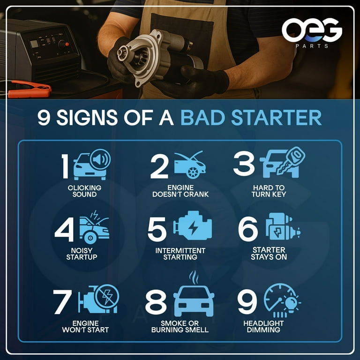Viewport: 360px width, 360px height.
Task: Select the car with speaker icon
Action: point(91,165)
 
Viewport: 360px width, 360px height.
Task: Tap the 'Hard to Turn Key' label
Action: point(269,191)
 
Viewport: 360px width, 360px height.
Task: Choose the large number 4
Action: point(65,229)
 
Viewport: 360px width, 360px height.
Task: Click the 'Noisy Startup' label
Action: point(82,254)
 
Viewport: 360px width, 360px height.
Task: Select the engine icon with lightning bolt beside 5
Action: point(193,228)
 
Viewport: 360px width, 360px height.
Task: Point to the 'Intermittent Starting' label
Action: point(180,254)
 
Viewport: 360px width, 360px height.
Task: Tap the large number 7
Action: point(63,302)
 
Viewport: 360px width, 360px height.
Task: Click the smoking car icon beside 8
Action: point(193,296)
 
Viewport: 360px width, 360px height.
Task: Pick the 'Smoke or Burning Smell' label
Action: point(180,327)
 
